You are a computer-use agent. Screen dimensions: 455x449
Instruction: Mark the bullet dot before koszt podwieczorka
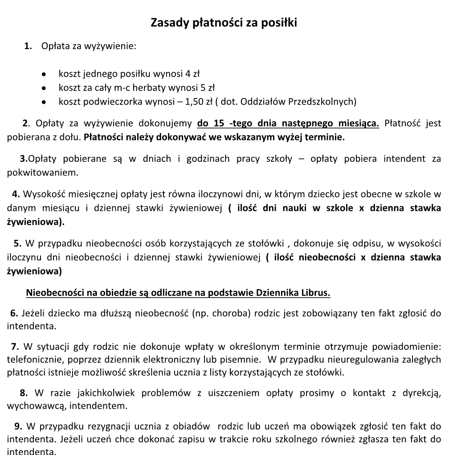44,102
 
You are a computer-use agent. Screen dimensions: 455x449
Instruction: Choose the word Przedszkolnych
322,102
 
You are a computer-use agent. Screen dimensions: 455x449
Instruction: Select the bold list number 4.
16,194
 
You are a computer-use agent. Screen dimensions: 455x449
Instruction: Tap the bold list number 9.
18,426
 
